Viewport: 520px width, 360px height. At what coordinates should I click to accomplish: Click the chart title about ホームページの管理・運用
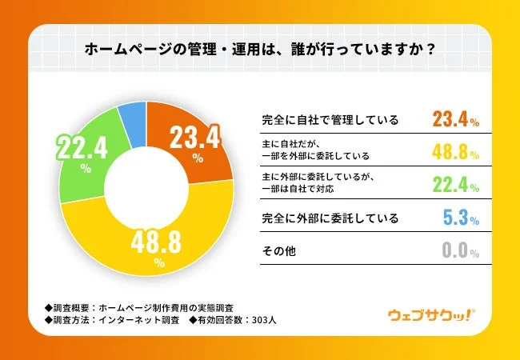260,49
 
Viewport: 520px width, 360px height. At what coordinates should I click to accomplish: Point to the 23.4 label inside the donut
196,141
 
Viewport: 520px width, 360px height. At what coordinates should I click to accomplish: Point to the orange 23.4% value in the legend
454,121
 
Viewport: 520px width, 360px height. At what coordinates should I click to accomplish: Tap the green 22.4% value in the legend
454,186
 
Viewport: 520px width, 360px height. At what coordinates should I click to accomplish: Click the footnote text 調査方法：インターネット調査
111,322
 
